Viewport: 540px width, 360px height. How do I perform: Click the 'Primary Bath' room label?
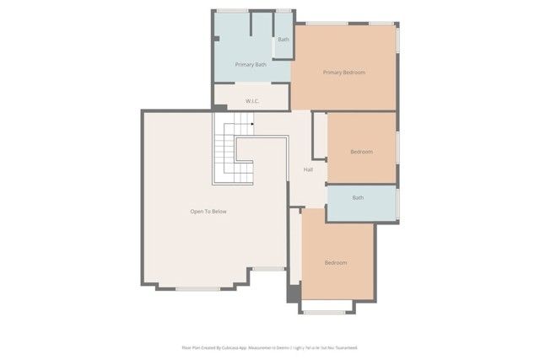(x=251, y=64)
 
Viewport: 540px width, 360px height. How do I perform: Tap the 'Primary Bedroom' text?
(x=343, y=73)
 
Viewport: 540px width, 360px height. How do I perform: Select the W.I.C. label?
(x=251, y=101)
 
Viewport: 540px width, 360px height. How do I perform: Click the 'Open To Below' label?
(x=208, y=212)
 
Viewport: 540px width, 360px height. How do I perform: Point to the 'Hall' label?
(x=309, y=170)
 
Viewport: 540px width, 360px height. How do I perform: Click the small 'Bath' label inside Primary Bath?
(x=283, y=40)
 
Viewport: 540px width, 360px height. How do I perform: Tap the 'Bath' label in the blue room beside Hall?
(x=358, y=198)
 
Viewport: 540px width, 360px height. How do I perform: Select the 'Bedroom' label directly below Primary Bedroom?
(x=361, y=152)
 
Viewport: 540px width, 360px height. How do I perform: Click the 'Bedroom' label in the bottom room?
(x=336, y=263)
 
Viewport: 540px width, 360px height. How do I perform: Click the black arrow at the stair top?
(x=251, y=124)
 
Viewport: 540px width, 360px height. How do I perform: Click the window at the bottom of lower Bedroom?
(x=329, y=313)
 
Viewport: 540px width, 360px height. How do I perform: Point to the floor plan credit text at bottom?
(x=269, y=347)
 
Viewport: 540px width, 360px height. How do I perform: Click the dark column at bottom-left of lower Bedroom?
(x=293, y=294)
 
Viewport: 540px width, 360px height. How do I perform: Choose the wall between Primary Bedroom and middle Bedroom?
(x=361, y=111)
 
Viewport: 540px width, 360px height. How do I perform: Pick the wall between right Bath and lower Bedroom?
(x=361, y=223)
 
